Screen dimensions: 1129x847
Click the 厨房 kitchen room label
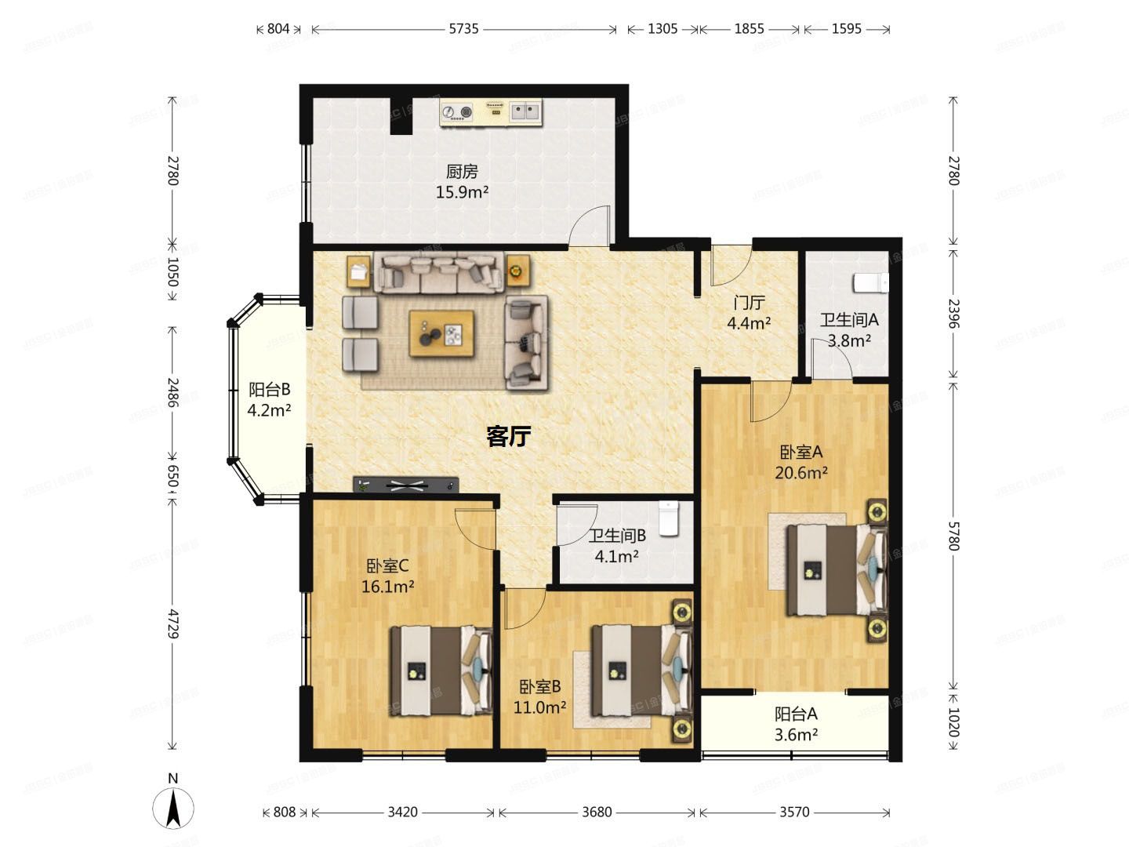click(461, 171)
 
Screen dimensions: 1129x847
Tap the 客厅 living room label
click(508, 437)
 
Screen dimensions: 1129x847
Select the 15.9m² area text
click(462, 192)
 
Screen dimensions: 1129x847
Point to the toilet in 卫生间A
click(870, 283)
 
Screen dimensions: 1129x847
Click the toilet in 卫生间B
click(669, 518)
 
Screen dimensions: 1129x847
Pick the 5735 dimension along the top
click(463, 29)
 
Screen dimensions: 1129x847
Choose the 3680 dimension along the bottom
click(597, 812)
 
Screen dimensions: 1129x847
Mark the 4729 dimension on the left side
click(173, 623)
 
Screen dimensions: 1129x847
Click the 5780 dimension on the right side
click(954, 536)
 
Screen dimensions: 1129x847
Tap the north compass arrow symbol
click(173, 807)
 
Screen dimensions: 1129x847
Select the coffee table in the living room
click(441, 333)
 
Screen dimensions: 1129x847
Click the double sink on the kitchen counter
click(525, 112)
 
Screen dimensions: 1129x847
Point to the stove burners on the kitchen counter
click(457, 112)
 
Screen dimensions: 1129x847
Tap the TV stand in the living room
click(406, 485)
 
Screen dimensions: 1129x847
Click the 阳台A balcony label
click(796, 714)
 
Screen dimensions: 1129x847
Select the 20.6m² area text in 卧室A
click(800, 473)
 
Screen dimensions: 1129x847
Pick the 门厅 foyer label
click(749, 303)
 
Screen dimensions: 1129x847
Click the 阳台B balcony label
click(269, 389)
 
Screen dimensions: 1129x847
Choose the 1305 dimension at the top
click(662, 29)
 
